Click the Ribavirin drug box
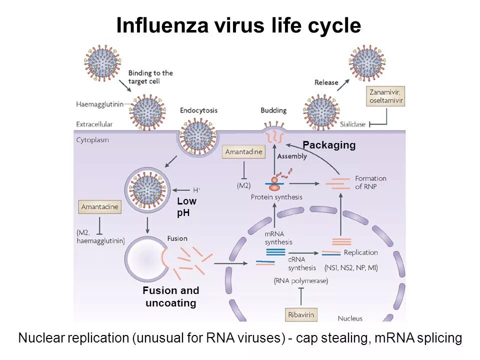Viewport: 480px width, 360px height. (302, 315)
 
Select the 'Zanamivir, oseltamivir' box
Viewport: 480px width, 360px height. (385, 96)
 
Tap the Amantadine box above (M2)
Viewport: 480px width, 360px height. (244, 152)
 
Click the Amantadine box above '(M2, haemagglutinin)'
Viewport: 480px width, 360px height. (100, 207)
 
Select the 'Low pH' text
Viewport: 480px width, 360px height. (186, 206)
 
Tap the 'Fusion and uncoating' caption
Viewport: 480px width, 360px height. (170, 296)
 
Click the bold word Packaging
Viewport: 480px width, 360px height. (328, 145)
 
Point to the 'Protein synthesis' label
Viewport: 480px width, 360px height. (276, 197)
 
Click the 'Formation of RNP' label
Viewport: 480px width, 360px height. (370, 182)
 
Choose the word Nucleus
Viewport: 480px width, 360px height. (350, 318)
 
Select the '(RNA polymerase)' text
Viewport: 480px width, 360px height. (301, 281)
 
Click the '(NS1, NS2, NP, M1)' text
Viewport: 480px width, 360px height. (351, 268)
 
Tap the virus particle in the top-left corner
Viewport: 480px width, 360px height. (102, 61)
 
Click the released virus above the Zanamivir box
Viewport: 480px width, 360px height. (367, 61)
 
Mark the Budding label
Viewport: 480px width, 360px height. (273, 110)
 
